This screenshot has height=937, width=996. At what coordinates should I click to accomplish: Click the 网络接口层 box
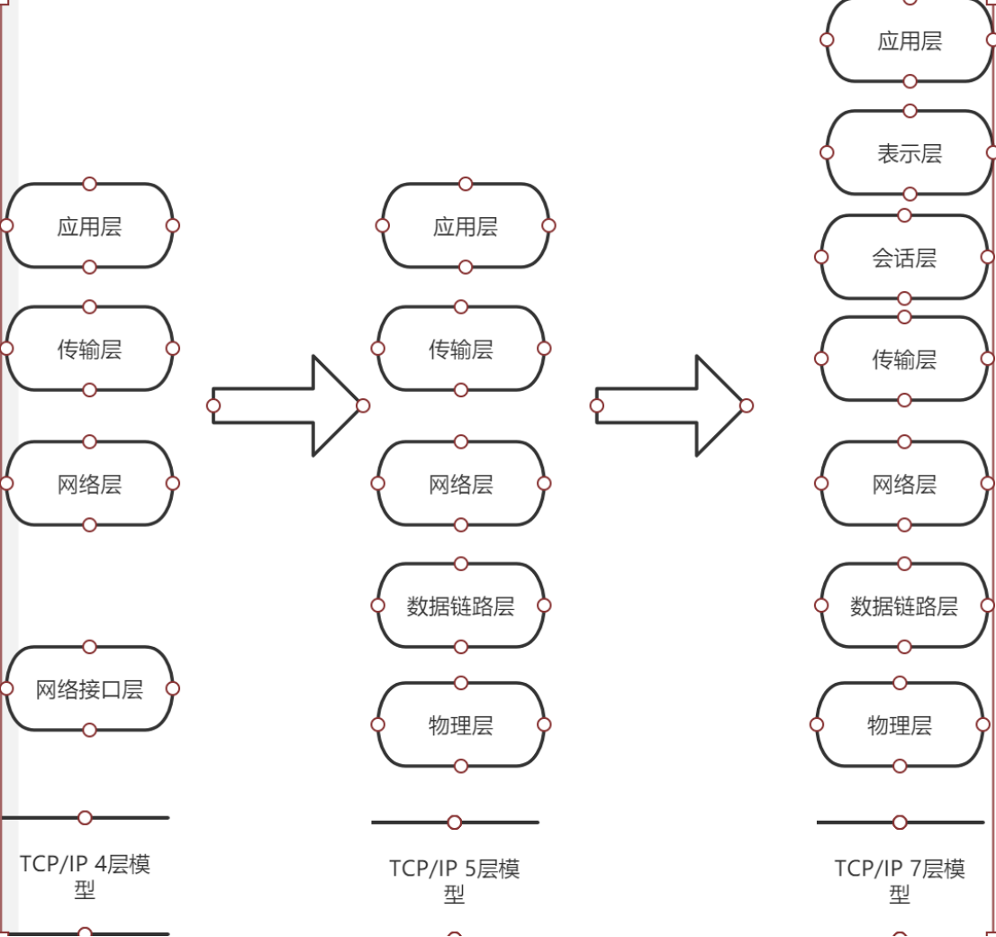click(89, 689)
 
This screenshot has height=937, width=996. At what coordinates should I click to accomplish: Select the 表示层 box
click(910, 153)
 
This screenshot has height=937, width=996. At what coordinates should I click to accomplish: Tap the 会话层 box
click(904, 258)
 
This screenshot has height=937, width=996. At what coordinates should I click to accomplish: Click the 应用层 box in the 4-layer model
click(89, 226)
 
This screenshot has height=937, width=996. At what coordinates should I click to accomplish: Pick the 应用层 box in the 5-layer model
click(465, 226)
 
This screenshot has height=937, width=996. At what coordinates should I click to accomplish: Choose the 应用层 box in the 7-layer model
click(910, 41)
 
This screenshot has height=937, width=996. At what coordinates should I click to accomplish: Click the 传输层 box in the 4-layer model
click(89, 349)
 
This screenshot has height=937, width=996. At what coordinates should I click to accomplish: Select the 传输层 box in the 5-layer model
click(460, 349)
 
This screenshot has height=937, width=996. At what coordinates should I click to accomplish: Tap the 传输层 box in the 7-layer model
click(904, 359)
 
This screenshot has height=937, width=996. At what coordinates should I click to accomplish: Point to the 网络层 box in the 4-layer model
click(89, 484)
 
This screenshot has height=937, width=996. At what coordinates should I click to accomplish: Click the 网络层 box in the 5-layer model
click(460, 484)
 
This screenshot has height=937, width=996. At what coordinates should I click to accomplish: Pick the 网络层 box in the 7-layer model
click(904, 484)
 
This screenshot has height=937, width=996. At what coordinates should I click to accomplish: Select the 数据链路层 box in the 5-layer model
click(460, 605)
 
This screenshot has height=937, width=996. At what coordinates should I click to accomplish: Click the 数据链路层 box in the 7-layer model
click(904, 605)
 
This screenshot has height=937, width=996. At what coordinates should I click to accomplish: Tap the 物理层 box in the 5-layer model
click(460, 724)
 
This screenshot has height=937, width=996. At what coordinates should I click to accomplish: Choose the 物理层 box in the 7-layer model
click(900, 724)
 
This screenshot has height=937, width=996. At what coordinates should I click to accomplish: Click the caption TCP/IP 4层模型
click(85, 877)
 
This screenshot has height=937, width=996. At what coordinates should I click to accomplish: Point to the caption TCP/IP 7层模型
click(900, 880)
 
